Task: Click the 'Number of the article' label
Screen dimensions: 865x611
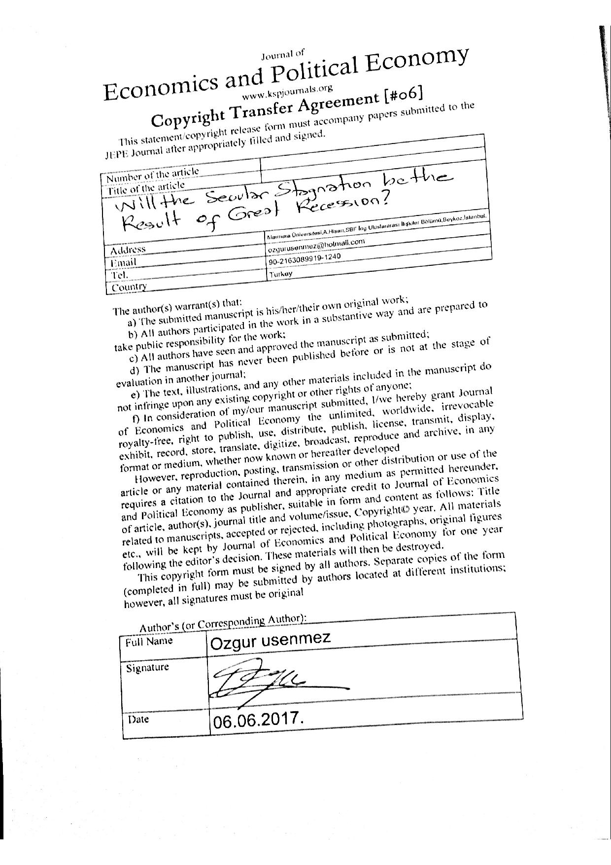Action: (x=153, y=174)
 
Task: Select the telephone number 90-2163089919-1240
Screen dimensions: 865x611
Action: (x=305, y=259)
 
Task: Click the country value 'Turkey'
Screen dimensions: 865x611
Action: (x=280, y=274)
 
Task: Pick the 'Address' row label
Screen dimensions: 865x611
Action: (x=128, y=250)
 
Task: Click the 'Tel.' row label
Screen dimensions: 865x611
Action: (x=119, y=275)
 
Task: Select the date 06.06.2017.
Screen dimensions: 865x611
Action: (x=256, y=721)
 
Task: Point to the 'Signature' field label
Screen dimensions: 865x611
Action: (x=147, y=668)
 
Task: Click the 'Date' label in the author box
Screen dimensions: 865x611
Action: (x=138, y=719)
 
